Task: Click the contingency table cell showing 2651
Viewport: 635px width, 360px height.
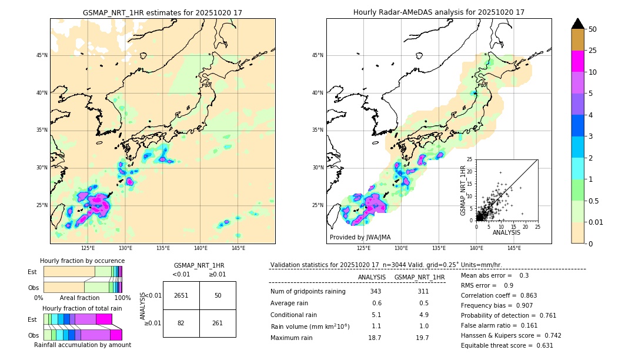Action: [x=181, y=295]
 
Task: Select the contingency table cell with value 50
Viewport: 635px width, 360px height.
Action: [x=218, y=295]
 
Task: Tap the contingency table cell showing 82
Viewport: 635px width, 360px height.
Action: [x=181, y=323]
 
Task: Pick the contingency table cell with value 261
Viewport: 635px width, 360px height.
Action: [x=218, y=323]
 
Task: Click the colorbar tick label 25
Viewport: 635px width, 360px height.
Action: [x=593, y=51]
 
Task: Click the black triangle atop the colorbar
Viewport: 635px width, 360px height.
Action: [x=578, y=24]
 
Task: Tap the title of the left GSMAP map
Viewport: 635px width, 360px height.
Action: [x=162, y=12]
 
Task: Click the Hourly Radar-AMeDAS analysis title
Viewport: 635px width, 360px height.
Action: [x=439, y=12]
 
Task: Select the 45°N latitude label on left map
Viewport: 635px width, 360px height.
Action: [x=42, y=55]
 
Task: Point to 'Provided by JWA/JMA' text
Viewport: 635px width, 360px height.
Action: [x=360, y=237]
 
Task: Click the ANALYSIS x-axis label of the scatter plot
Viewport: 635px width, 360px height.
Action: [x=506, y=232]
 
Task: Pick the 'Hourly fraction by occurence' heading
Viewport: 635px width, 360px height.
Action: [x=82, y=261]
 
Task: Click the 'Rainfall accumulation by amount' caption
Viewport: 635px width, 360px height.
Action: [x=82, y=345]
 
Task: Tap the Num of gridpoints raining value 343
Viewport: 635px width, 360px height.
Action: [x=376, y=291]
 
